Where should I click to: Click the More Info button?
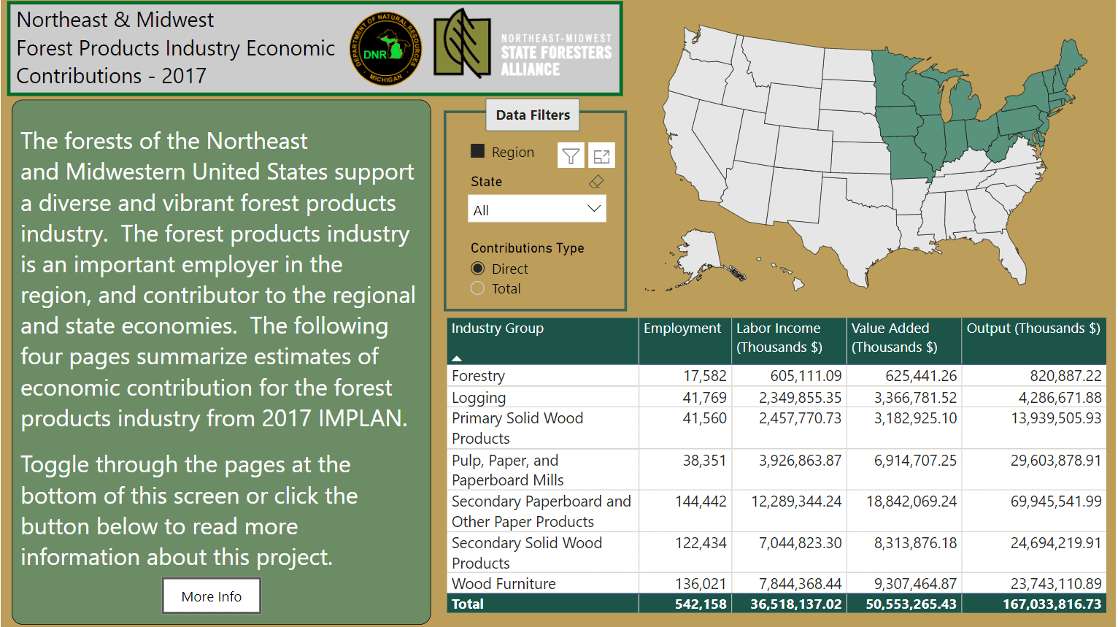(211, 596)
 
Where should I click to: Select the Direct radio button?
(478, 269)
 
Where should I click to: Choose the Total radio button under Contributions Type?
(478, 288)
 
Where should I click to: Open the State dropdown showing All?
(536, 209)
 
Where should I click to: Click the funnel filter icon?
(571, 155)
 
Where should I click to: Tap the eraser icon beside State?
(596, 181)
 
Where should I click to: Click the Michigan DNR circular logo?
(385, 48)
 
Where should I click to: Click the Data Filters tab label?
(533, 115)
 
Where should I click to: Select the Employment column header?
(682, 328)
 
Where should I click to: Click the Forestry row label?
(478, 375)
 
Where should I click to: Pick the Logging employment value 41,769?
(704, 397)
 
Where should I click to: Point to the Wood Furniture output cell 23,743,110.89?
(1056, 583)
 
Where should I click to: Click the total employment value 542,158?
(701, 604)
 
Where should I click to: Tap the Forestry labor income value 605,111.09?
(806, 375)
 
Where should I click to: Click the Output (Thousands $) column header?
(1033, 328)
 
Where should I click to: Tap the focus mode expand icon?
(601, 155)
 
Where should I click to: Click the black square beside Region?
(478, 151)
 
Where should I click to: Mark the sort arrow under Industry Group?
(457, 358)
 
